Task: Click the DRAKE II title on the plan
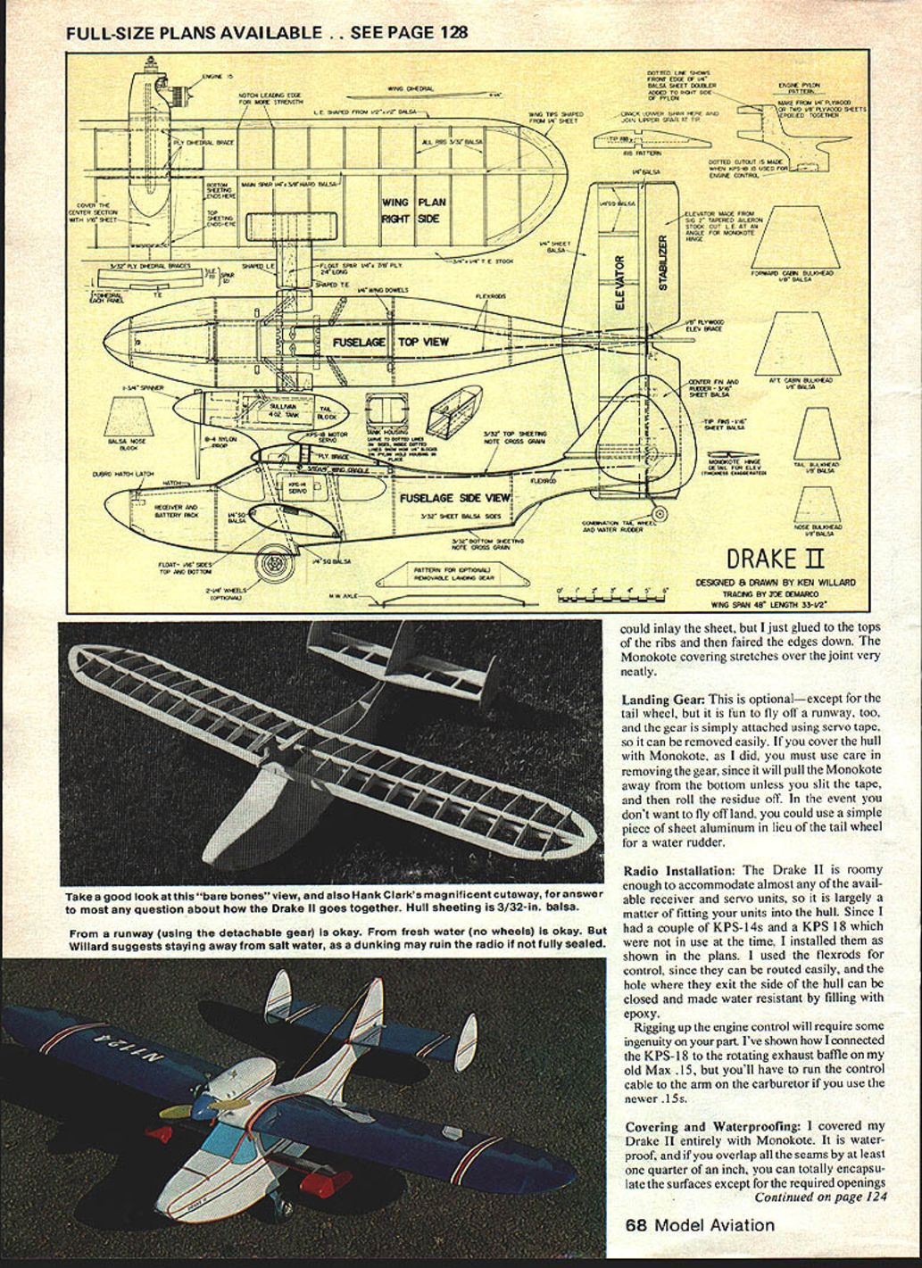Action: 773,559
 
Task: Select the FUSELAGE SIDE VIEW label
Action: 455,498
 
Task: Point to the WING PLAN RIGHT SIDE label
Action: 413,211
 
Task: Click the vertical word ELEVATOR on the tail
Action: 622,282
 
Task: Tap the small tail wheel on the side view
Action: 660,515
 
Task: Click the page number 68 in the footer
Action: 635,1225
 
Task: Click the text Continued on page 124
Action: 820,1197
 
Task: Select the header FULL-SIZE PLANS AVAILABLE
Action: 194,33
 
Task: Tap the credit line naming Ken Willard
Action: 775,583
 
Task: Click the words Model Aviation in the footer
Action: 714,1225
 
